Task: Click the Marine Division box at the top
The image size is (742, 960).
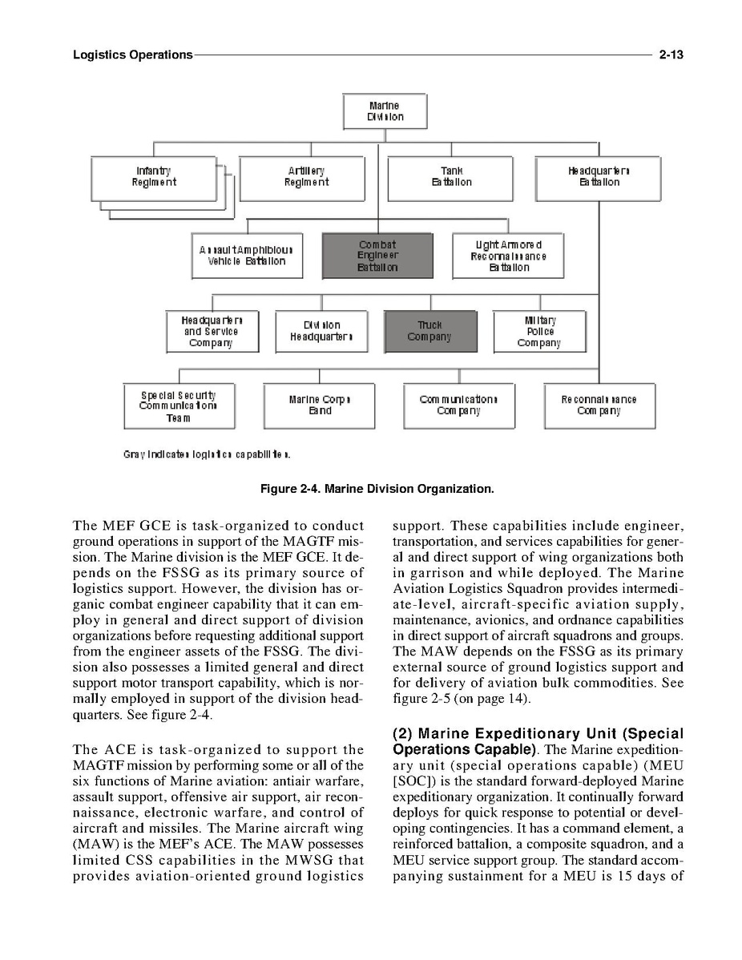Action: point(385,111)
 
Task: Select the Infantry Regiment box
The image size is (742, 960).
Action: point(154,177)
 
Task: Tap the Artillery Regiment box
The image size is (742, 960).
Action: point(302,177)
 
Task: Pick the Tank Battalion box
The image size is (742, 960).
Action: point(450,177)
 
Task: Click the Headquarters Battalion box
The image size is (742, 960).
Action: point(599,177)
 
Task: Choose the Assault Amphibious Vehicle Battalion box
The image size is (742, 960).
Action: point(247,256)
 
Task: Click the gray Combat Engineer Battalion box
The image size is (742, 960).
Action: point(377,256)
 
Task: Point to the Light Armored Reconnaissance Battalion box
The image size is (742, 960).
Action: point(508,256)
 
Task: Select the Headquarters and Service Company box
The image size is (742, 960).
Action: point(212,331)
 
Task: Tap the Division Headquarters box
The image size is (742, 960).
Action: point(321,331)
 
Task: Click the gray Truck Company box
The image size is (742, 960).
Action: point(430,331)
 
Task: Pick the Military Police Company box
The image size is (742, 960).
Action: point(539,331)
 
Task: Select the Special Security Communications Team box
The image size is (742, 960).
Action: point(177,406)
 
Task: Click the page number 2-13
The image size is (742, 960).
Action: point(670,55)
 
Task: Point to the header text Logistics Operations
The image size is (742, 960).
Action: point(132,55)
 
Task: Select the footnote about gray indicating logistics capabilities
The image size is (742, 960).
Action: point(207,455)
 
